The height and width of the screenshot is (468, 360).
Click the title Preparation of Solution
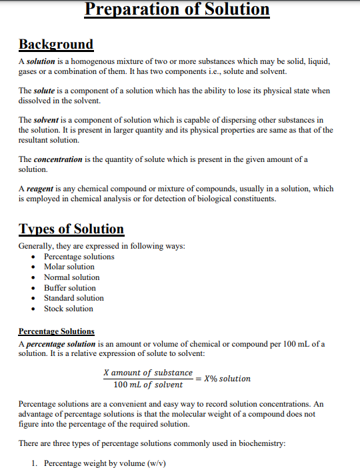(x=178, y=10)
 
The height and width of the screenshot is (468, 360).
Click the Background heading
(x=56, y=45)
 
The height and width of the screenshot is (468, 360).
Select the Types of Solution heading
(x=71, y=229)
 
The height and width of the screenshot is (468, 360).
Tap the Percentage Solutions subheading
(x=57, y=331)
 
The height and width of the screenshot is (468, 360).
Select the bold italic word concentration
(x=58, y=160)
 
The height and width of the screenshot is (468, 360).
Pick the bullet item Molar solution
(x=69, y=267)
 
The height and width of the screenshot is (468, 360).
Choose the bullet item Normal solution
(x=72, y=277)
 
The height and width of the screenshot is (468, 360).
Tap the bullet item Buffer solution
(x=70, y=288)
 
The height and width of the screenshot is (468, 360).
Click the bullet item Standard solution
(x=74, y=298)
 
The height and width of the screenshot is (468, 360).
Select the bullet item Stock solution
(x=69, y=309)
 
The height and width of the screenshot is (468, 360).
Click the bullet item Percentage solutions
(x=79, y=257)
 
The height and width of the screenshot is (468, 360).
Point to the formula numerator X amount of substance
(x=148, y=373)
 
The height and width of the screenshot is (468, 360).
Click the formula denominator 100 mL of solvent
(x=148, y=385)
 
